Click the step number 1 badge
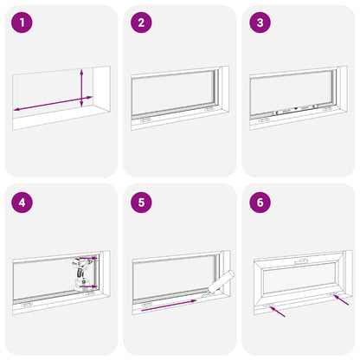point(23,22)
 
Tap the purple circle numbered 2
point(141,22)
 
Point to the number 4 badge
point(23,204)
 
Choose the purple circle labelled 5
point(141,204)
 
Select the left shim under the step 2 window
point(145,119)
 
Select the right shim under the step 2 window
point(209,109)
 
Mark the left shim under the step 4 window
point(27,303)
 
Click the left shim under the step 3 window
point(263,119)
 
